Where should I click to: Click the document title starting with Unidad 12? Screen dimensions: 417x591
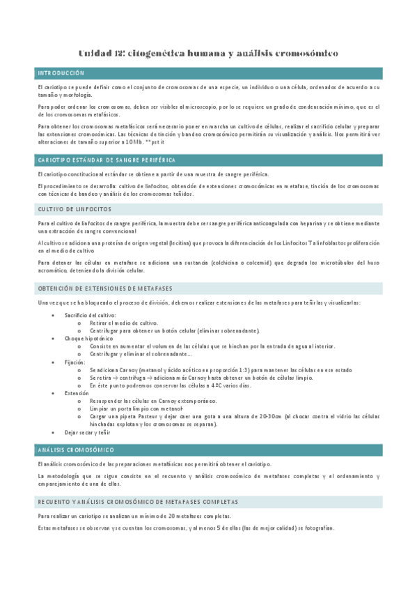click(208, 53)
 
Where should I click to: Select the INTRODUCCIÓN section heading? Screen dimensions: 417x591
click(61, 72)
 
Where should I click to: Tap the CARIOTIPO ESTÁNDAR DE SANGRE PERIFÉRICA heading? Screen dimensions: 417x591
click(106, 160)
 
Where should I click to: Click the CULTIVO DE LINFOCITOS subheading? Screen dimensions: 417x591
click(74, 209)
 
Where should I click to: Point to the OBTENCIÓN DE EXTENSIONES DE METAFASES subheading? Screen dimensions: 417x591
click(105, 288)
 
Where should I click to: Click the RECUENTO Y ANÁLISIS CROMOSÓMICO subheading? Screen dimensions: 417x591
click(138, 502)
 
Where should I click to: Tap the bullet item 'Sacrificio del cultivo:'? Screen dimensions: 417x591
click(91, 316)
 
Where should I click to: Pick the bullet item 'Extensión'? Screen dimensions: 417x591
click(77, 393)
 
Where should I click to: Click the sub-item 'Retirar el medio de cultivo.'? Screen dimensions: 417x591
click(124, 323)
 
